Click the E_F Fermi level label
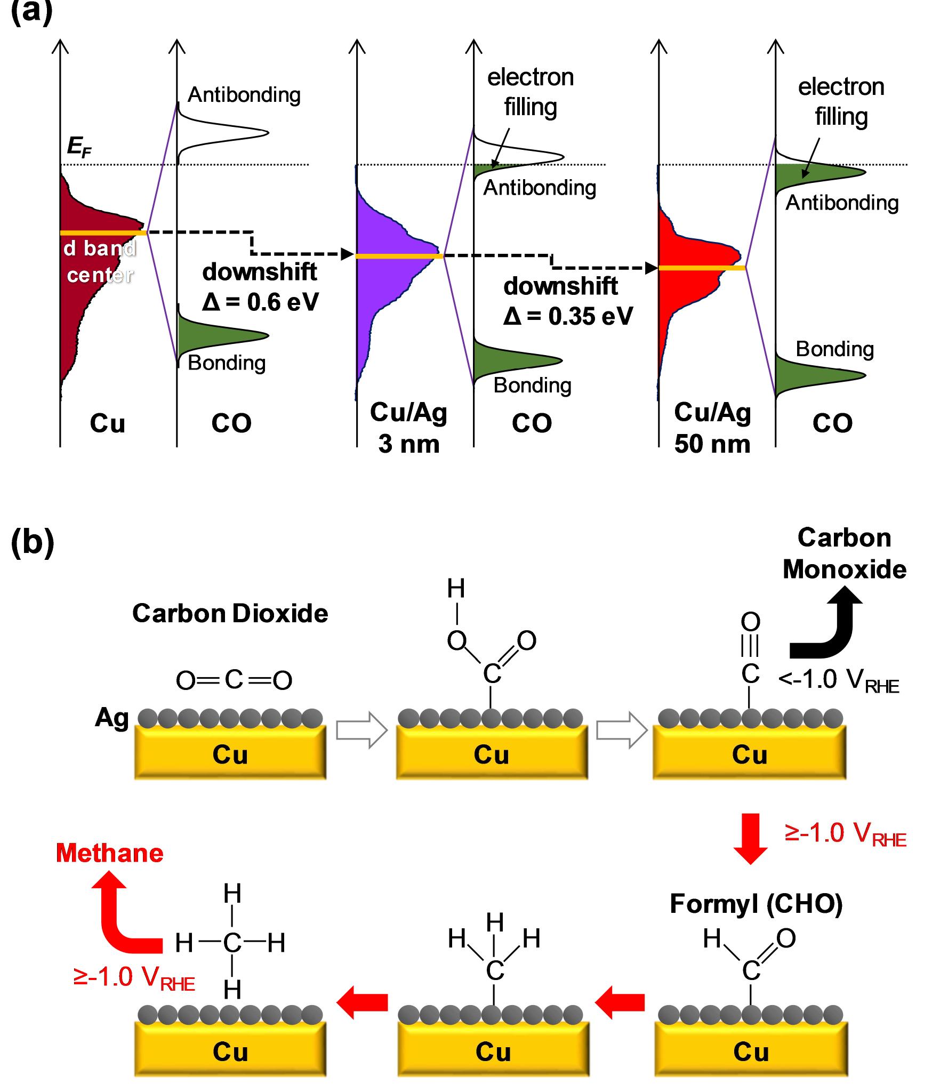tap(78, 147)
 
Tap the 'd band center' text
tap(100, 261)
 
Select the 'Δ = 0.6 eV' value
tap(260, 303)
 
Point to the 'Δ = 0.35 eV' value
tap(568, 317)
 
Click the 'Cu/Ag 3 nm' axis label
tap(408, 428)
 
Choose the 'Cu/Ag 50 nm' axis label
tap(712, 428)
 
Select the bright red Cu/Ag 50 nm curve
tap(688, 288)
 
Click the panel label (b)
tap(32, 542)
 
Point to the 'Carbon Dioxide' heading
tap(230, 614)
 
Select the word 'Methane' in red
tap(109, 853)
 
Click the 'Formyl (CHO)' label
tap(756, 904)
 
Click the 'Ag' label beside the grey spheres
tap(112, 718)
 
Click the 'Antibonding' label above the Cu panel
tap(244, 95)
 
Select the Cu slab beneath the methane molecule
tap(230, 1053)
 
